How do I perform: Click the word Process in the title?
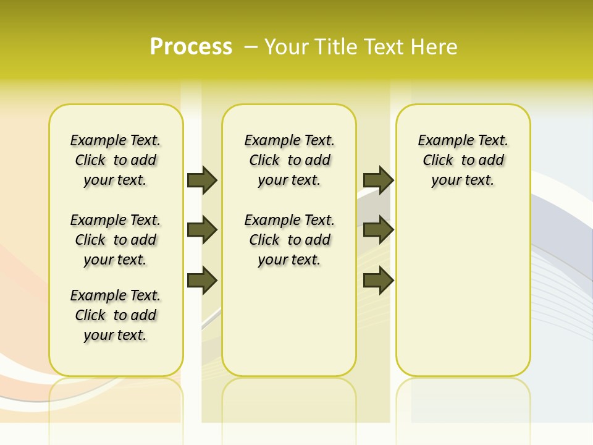[x=191, y=46]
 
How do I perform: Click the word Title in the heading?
[x=337, y=46]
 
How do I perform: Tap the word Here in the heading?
[x=435, y=46]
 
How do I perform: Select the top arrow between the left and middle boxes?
[x=202, y=180]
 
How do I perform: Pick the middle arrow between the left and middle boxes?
[x=202, y=230]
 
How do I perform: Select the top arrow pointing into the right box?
[x=378, y=180]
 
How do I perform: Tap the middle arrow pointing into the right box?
[x=378, y=230]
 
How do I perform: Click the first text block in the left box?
[x=116, y=160]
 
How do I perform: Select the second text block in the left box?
[x=116, y=240]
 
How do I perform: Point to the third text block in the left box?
[x=116, y=315]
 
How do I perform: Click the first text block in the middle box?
[x=290, y=160]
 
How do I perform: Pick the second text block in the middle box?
[x=290, y=240]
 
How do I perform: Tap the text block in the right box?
[x=463, y=160]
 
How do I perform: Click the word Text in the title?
[x=387, y=46]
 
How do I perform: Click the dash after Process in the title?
[x=251, y=47]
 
